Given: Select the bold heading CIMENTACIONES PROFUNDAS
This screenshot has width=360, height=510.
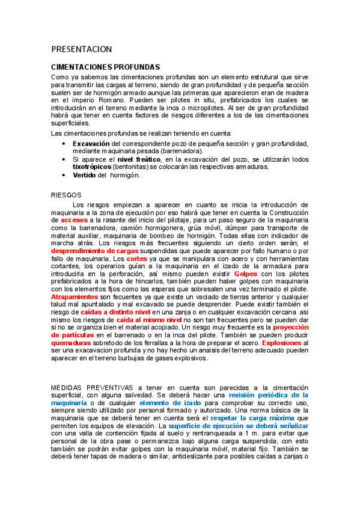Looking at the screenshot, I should [106, 68].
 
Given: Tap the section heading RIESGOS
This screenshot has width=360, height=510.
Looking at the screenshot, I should [66, 195].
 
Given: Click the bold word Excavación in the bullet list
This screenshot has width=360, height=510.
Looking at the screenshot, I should [91, 144].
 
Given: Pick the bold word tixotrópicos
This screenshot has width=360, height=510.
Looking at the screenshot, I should [92, 167].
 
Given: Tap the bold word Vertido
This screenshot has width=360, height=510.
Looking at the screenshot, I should [84, 175].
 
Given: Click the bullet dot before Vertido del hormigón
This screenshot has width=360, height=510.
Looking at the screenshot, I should [64, 175].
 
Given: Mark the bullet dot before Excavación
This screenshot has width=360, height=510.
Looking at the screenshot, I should [64, 144].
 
